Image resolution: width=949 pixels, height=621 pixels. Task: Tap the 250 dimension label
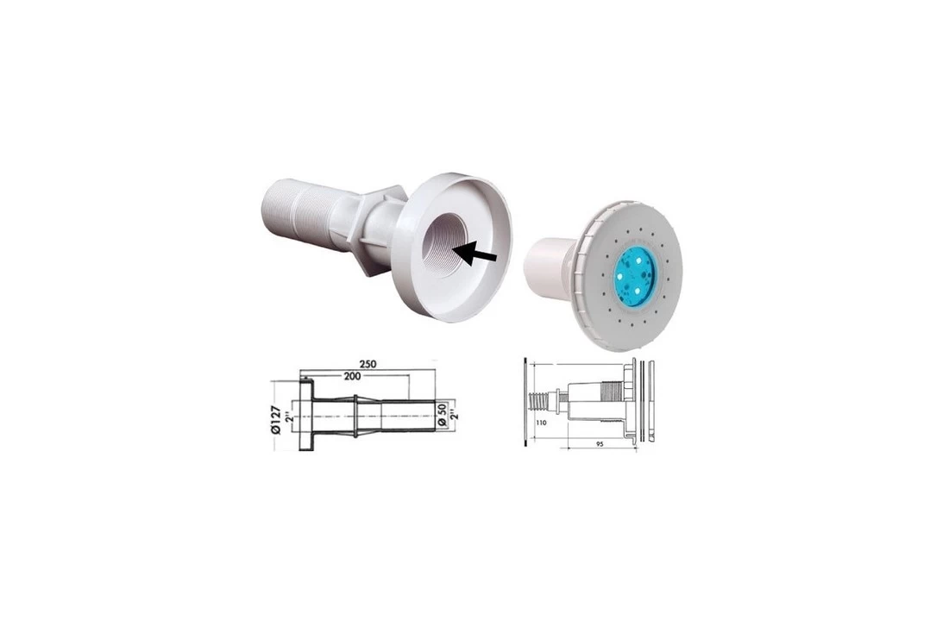point(368,364)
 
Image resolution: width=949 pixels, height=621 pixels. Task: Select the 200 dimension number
point(352,376)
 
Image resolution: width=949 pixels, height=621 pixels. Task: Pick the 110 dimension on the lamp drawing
point(541,423)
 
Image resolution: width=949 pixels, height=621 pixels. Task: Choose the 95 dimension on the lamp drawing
point(600,443)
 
